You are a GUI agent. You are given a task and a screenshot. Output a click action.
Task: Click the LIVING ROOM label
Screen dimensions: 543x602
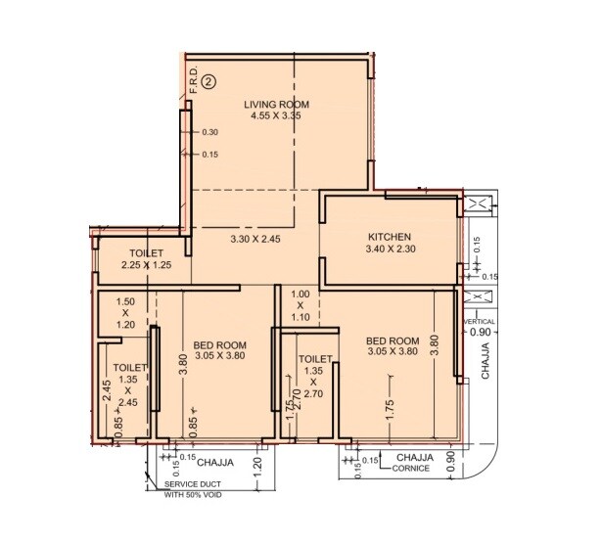277,104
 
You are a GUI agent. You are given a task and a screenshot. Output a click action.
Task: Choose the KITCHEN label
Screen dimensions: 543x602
390,237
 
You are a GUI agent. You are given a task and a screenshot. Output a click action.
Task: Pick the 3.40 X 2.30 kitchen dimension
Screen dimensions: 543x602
390,250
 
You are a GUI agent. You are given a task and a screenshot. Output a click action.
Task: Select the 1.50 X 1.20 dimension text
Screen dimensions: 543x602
124,313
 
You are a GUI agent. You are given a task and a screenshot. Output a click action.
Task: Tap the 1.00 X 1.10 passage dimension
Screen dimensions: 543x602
301,305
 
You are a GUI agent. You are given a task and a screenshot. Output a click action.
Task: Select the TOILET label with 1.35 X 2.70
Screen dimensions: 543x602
313,359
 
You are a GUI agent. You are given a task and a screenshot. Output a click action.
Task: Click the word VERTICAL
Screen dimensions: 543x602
480,321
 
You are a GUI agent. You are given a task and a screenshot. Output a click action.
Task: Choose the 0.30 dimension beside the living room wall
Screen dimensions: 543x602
209,132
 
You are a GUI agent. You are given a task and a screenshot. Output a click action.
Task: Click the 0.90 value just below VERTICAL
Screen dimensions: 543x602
480,333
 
